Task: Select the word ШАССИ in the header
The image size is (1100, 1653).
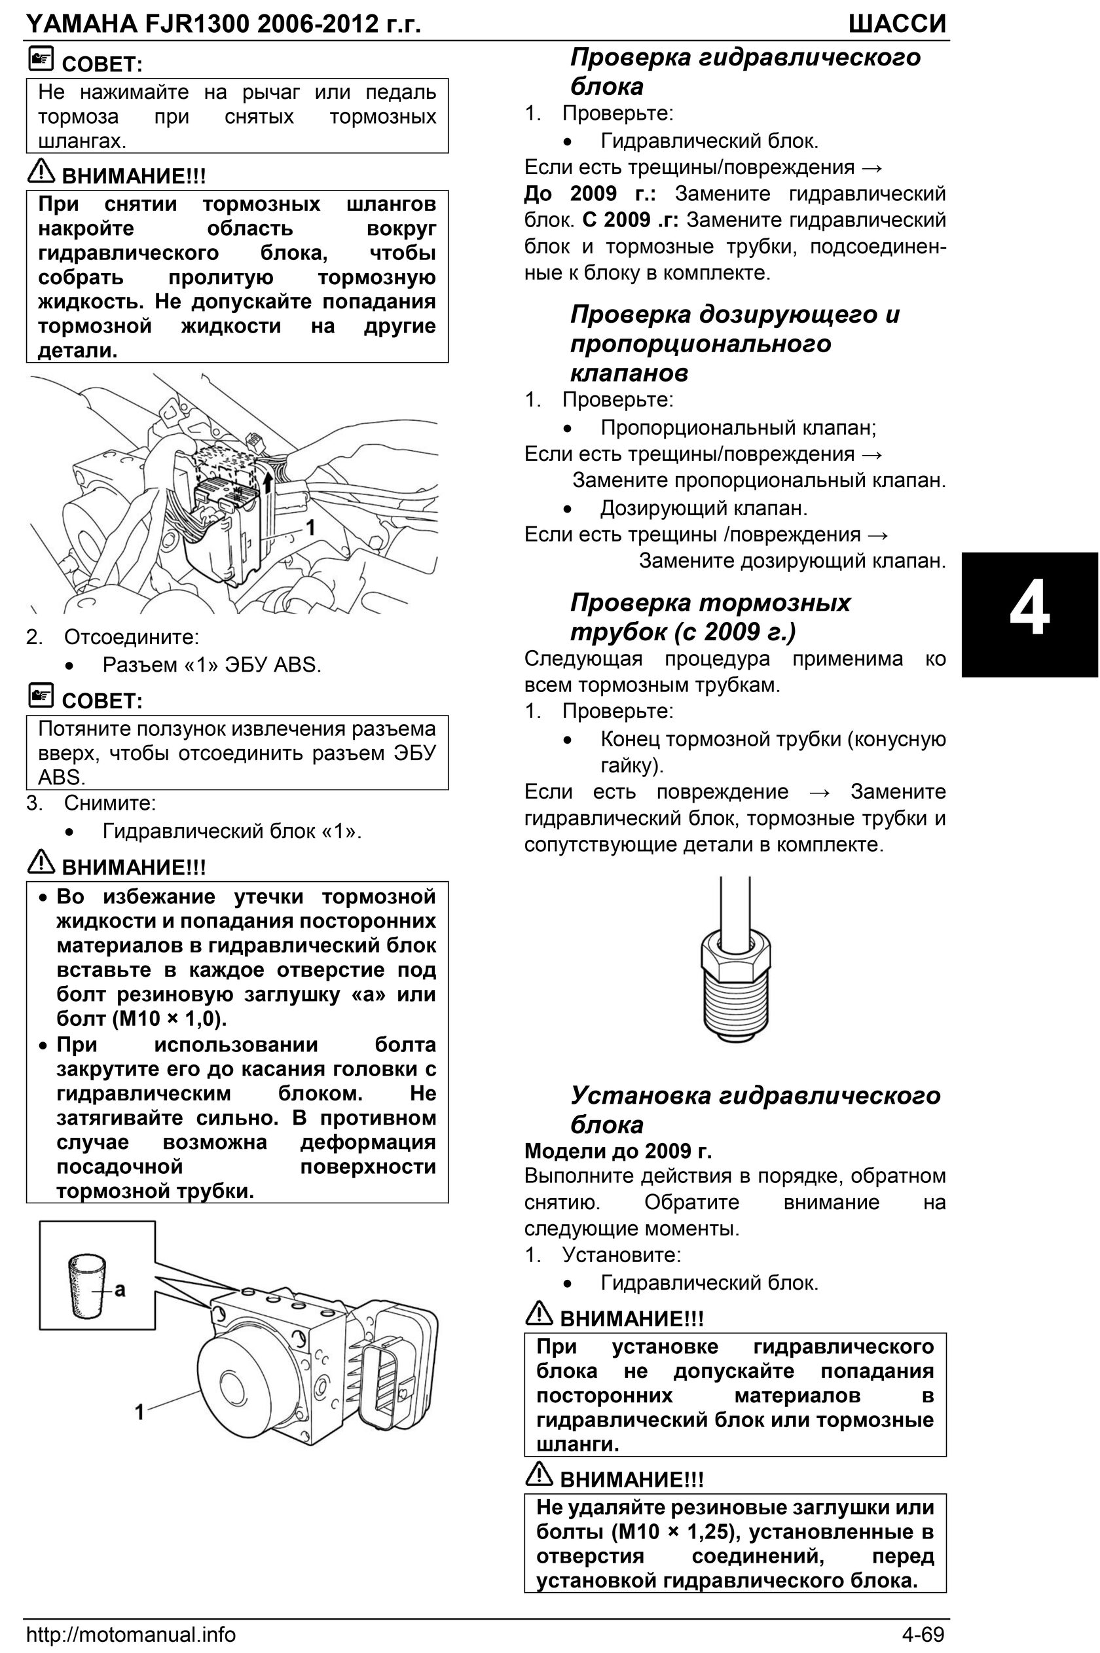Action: click(896, 24)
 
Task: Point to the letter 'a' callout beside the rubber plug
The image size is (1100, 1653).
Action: click(120, 1288)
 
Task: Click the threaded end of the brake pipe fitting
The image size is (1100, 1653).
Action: click(735, 1003)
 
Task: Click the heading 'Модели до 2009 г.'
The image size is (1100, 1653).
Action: click(617, 1151)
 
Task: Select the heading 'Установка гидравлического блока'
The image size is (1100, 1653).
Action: click(754, 1109)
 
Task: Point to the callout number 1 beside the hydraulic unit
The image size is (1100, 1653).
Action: click(139, 1411)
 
